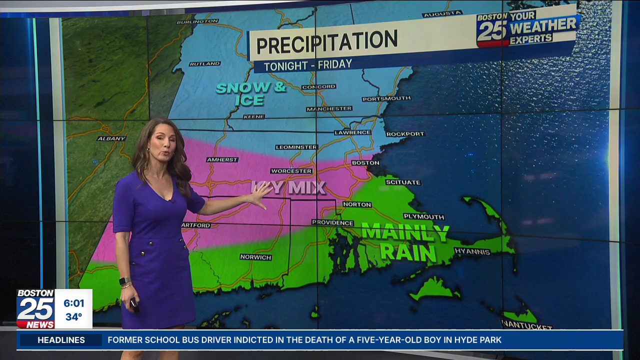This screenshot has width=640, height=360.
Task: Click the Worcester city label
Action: [x=291, y=171]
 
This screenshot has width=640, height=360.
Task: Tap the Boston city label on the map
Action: [x=365, y=163]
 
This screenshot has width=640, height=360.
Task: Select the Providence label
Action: [x=332, y=222]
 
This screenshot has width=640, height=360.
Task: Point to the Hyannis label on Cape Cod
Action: [x=472, y=251]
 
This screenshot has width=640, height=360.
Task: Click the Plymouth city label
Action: [x=423, y=216]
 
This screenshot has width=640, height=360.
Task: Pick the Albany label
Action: [x=111, y=138]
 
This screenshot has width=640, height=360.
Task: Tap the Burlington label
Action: [x=197, y=21]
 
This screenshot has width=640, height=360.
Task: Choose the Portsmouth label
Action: [x=386, y=98]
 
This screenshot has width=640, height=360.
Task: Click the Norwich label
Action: [x=255, y=257]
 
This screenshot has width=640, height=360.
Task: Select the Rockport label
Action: [x=405, y=134]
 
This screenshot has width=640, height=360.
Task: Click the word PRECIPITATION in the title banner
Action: [x=326, y=42]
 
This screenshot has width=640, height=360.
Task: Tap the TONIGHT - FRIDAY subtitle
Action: [x=307, y=65]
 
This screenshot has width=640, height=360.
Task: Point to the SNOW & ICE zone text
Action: [x=250, y=93]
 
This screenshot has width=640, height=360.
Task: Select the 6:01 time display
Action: [x=74, y=303]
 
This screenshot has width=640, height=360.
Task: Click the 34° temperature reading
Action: [x=74, y=317]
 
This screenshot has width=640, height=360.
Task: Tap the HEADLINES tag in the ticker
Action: [x=61, y=340]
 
